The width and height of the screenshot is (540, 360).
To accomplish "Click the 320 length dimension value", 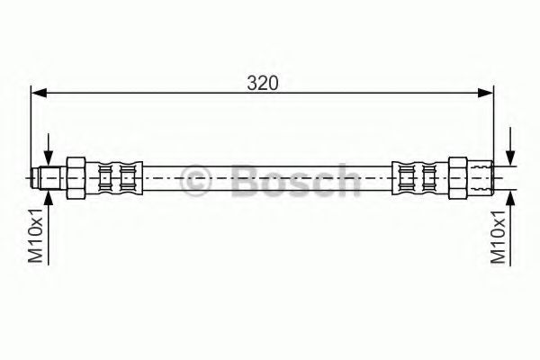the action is coord(262,83).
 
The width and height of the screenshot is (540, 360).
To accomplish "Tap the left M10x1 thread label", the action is coord(35,235).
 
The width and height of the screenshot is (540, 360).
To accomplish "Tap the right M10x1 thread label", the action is coord(498,236).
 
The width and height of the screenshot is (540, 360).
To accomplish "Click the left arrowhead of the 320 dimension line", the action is coord(39,93).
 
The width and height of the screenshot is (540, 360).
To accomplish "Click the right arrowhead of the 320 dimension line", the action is coord(486,93).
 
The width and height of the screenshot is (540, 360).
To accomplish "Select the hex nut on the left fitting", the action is coord(76,178).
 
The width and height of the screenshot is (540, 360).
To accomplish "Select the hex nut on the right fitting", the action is coord(458,178).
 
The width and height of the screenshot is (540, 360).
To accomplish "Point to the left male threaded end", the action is coord(49,178).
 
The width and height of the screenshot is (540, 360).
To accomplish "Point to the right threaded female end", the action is coord(481,178).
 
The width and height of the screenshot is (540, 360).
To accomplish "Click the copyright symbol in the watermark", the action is coord(195,180).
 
